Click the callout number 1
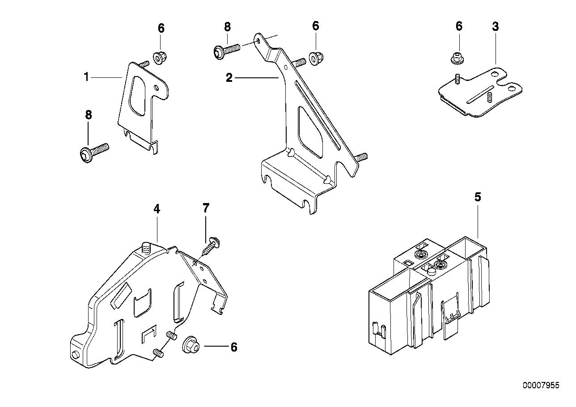pos(87,77)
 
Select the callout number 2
pos(229,78)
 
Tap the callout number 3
pos(495,26)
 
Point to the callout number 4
pos(157,209)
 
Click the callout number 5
pos(478,197)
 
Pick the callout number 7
pos(205,208)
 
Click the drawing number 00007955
pos(540,385)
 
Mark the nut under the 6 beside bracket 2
pos(316,57)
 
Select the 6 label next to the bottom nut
pos(233,347)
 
